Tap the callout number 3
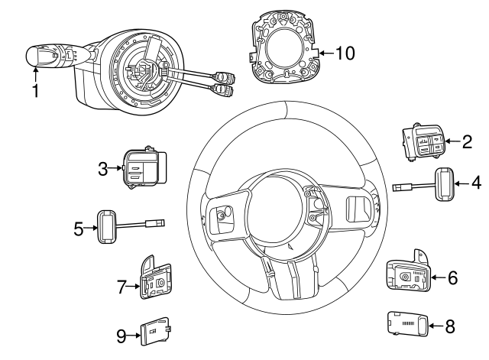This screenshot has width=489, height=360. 102,168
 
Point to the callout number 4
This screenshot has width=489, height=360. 475,183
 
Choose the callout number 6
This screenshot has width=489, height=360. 452,277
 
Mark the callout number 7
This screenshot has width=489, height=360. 121,287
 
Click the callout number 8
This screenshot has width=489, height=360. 449,326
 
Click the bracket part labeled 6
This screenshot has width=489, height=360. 410,274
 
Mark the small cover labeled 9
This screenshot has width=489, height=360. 159,332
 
